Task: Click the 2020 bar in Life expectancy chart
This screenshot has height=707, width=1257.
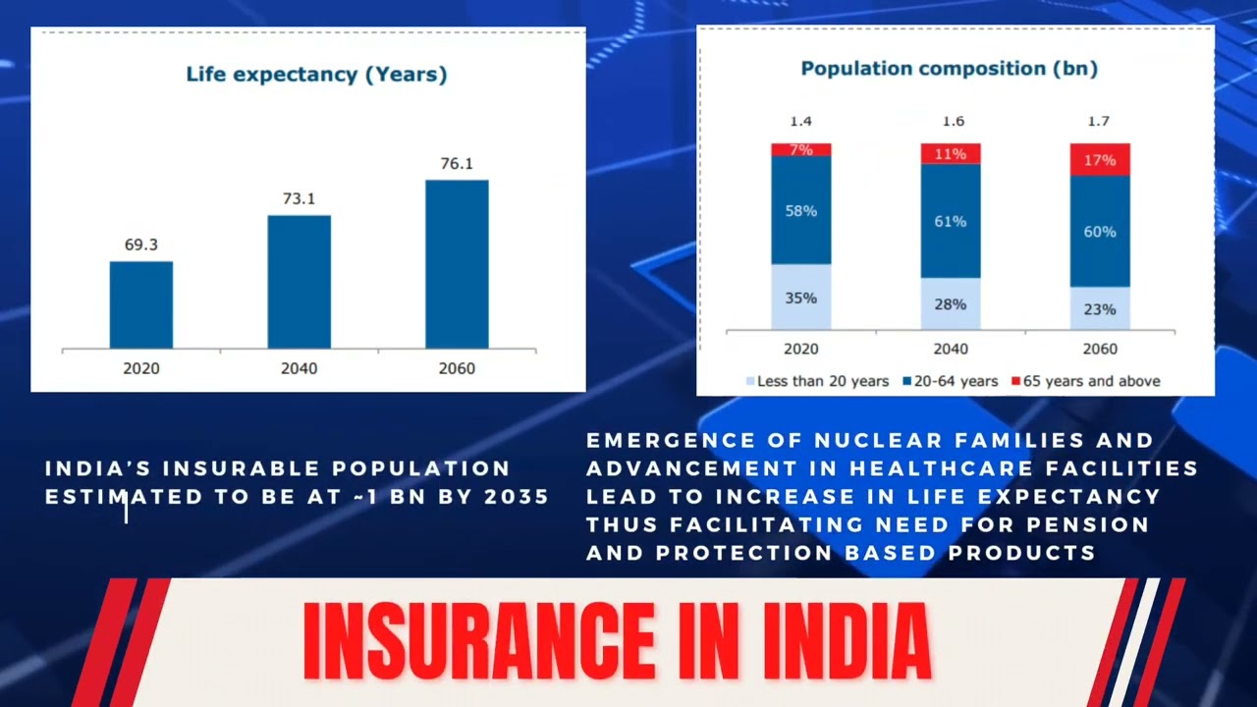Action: click(140, 304)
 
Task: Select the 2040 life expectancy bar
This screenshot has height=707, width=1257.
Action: click(299, 282)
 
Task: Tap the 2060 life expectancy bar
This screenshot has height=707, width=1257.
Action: click(457, 264)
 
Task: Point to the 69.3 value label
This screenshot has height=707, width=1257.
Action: click(140, 245)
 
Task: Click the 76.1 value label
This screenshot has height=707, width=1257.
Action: click(457, 163)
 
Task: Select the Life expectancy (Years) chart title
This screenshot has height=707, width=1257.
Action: click(316, 75)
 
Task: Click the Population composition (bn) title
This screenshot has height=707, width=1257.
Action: click(949, 69)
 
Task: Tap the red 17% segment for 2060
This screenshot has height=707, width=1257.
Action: click(1100, 159)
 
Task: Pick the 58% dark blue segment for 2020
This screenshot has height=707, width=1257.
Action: click(800, 210)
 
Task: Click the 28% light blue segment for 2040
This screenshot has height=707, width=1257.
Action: click(950, 303)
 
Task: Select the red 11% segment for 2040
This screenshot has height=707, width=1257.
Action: click(950, 153)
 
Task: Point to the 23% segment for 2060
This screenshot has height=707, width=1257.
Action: click(1100, 308)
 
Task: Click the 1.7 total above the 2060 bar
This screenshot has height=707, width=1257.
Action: click(1100, 121)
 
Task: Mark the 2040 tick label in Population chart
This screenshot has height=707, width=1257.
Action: click(950, 349)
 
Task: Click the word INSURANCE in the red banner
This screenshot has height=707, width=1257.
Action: click(477, 640)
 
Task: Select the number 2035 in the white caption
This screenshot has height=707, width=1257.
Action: click(517, 497)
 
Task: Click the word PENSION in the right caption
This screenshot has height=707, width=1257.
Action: click(1089, 524)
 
